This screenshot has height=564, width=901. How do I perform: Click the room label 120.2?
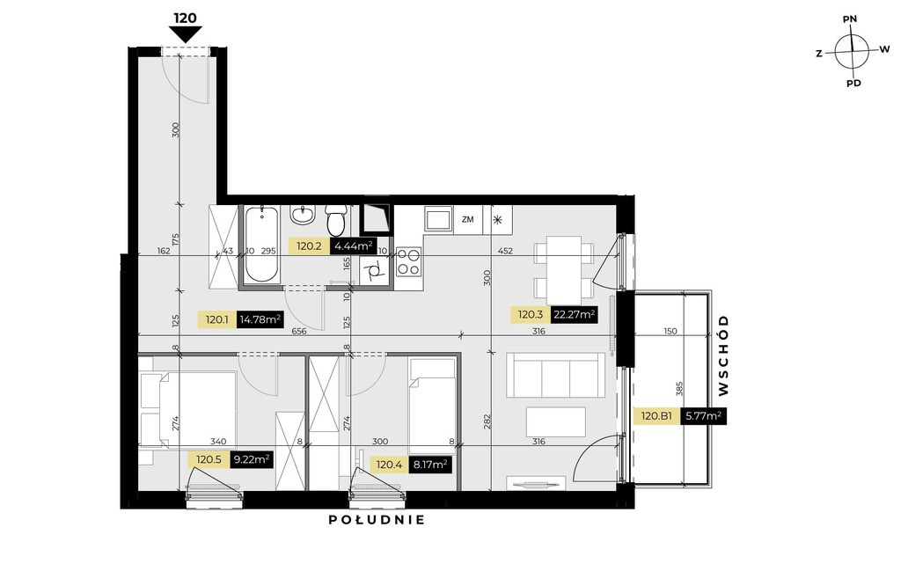tap(309, 246)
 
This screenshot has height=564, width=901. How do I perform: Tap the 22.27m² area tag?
tap(574, 315)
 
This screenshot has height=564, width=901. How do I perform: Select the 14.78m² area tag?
tap(260, 319)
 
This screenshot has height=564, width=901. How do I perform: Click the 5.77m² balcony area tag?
tap(703, 416)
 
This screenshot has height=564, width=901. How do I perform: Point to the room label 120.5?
tap(209, 459)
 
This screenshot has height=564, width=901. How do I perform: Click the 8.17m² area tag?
tap(429, 465)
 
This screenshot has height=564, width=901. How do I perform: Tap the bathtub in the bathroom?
tap(262, 244)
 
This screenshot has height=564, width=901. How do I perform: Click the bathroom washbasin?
tap(302, 215)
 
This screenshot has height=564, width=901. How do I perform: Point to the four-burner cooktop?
tap(408, 261)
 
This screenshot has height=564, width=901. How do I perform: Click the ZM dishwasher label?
tap(468, 219)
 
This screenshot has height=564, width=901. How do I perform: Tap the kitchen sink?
tap(439, 219)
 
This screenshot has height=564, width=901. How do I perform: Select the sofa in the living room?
tap(556, 375)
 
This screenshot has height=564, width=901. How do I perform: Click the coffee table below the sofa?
tap(556, 422)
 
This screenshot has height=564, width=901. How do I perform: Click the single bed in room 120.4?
tap(432, 407)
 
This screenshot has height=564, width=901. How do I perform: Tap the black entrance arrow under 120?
tap(185, 35)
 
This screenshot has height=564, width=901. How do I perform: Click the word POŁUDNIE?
tap(377, 520)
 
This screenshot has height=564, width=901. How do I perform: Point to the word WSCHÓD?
tap(723, 355)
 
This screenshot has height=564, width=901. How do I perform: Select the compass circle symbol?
tap(852, 51)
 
